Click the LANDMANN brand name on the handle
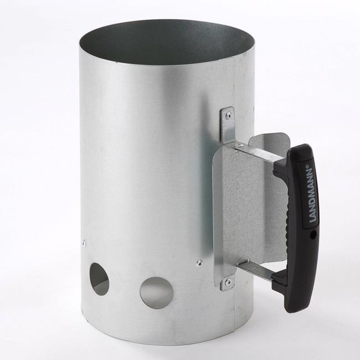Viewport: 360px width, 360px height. [x=310, y=196]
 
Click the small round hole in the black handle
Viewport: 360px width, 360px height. [x=313, y=234]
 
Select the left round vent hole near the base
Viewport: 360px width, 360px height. [x=99, y=279]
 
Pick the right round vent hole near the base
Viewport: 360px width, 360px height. [x=157, y=293]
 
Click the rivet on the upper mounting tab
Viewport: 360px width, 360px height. [x=228, y=115]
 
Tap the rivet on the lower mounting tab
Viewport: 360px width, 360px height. [x=228, y=281]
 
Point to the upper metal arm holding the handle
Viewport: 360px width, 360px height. [x=257, y=152]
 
